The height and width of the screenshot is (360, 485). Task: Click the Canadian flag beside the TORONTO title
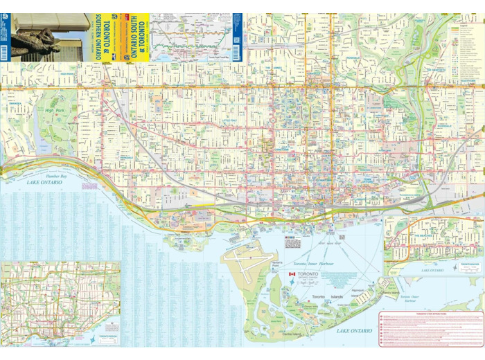click(292, 275)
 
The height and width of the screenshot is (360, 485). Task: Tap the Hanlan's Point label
click(276, 266)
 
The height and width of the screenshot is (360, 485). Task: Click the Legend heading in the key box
click(462, 23)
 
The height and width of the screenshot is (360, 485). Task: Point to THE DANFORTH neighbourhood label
click(436, 71)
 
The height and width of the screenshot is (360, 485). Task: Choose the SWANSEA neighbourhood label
click(15, 105)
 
